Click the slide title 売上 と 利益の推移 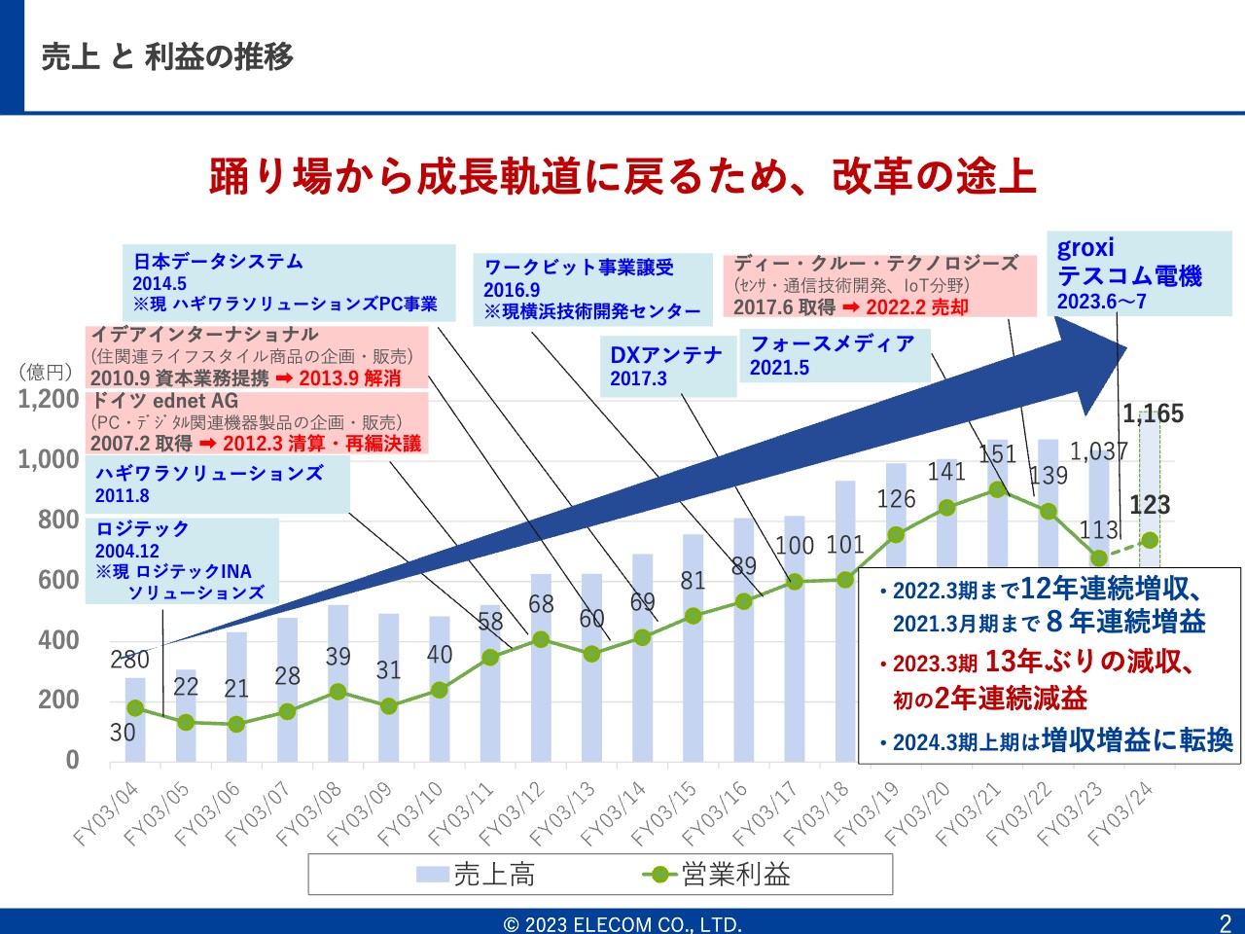(x=166, y=56)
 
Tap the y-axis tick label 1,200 (x=49, y=399)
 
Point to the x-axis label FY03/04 (x=107, y=813)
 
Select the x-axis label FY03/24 (x=1120, y=813)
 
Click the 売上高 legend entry (x=476, y=875)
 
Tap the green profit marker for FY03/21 (x=997, y=489)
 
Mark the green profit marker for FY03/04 (x=135, y=708)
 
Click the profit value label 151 (x=997, y=454)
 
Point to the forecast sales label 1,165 (x=1153, y=414)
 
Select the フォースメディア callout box (x=835, y=355)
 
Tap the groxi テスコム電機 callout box (x=1139, y=273)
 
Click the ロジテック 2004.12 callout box (x=182, y=560)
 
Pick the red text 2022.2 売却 (x=917, y=306)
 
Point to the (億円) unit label (x=46, y=372)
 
